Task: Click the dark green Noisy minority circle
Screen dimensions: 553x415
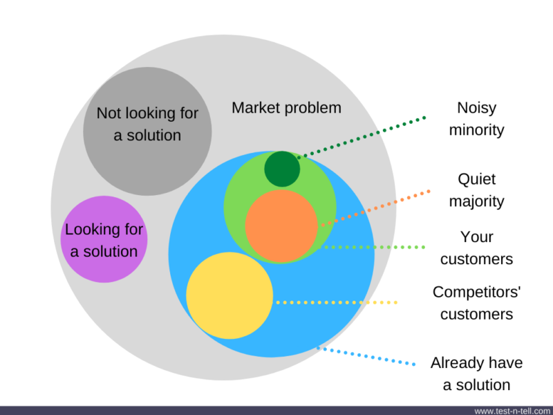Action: coord(282,169)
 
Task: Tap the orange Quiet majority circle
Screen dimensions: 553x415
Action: coord(281,226)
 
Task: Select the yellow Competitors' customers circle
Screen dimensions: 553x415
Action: coord(229,295)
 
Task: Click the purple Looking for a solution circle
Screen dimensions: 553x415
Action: coord(104,239)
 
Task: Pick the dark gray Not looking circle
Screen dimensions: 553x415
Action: coord(147,131)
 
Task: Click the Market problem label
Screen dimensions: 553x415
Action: coord(286,108)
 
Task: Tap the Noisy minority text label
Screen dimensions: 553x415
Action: coord(476,118)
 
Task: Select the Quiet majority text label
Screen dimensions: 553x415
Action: coord(476,190)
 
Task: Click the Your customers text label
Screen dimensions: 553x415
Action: coord(476,248)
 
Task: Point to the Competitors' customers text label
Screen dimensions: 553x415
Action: coord(476,303)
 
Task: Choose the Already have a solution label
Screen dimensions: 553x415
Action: coord(476,373)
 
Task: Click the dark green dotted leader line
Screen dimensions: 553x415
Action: coord(362,138)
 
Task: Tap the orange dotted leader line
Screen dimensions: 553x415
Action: coord(375,208)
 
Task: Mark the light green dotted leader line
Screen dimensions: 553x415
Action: coord(371,248)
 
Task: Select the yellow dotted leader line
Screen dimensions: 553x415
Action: coord(337,302)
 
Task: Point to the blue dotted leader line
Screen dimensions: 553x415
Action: coord(366,356)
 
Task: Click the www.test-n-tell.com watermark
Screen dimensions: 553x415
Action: coord(513,411)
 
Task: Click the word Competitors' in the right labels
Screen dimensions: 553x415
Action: coord(476,293)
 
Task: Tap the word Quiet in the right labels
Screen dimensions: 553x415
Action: coord(476,180)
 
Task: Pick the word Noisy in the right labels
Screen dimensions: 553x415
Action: coord(476,109)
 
